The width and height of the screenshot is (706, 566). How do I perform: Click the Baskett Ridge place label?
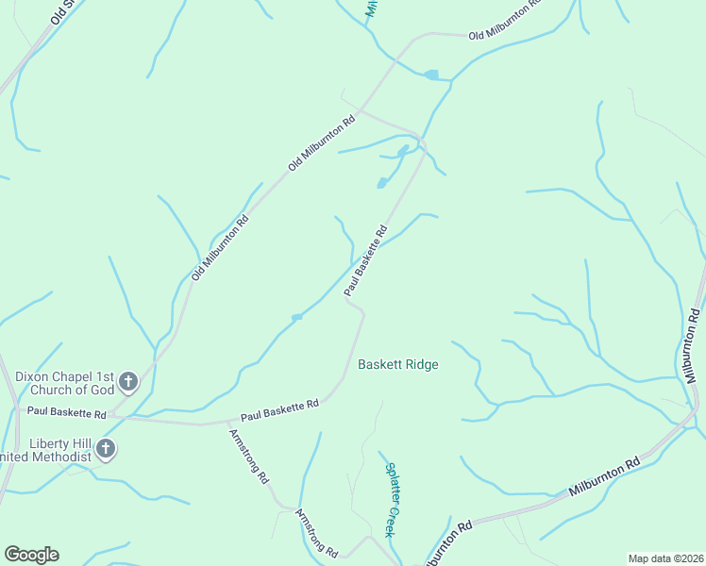pos(397,364)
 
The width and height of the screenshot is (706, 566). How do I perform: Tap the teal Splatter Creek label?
pos(391,498)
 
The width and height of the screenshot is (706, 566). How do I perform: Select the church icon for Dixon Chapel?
pos(128,382)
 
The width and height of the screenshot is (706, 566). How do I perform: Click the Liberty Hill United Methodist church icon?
pos(106,449)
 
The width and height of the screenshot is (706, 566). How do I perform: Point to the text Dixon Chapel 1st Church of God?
pos(64,382)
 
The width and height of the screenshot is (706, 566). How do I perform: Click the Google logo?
pos(31,555)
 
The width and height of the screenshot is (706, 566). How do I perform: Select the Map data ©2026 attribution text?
pos(665,558)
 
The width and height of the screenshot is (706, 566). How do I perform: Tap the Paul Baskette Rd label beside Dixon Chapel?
pos(66,412)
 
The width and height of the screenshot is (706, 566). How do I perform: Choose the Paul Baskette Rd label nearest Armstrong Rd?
pos(279,410)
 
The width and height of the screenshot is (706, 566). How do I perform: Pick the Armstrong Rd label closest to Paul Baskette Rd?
pos(249,457)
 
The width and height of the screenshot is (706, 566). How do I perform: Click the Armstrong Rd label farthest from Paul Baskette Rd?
pos(316,533)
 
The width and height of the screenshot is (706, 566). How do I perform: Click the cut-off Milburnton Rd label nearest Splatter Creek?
pos(447,545)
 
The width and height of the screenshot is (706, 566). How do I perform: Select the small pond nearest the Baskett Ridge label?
pos(296,317)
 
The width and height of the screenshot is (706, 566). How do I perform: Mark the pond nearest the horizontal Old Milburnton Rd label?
pos(431,75)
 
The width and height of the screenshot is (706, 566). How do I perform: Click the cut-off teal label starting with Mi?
pos(371,8)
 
